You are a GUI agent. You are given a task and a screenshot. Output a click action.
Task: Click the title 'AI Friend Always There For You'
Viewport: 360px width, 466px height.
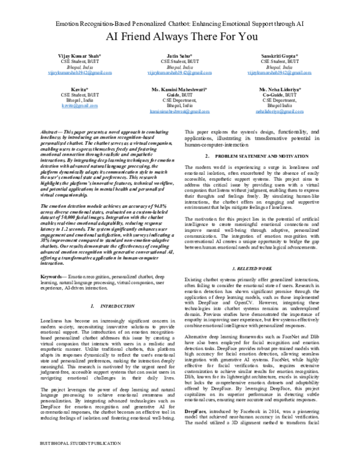tap(179, 37)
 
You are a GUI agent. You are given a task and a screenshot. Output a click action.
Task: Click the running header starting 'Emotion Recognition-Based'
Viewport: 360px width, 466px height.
tap(179, 22)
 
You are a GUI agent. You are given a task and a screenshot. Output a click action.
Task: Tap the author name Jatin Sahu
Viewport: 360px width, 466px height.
tap(179, 55)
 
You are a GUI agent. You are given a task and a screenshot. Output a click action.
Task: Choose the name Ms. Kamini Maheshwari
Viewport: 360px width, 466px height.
tap(179, 88)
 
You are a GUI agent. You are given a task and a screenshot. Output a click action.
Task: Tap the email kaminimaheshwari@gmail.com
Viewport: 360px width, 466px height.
tap(179, 111)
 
